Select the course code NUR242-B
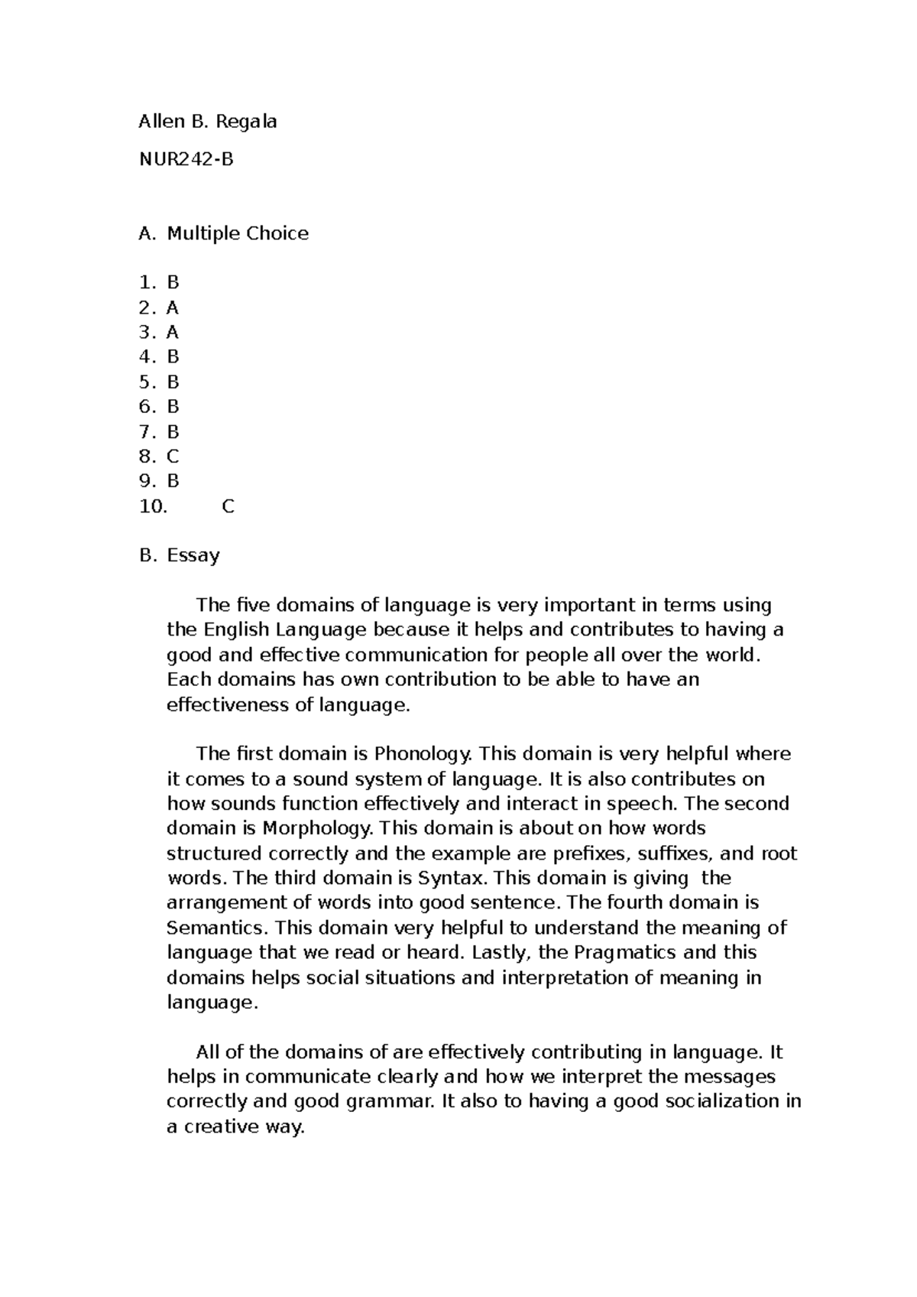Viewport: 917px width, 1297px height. [186, 160]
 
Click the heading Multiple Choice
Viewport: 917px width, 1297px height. [238, 233]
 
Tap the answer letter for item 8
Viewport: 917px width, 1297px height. [172, 457]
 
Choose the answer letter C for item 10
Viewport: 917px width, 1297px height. [228, 506]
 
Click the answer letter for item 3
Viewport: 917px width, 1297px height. [172, 332]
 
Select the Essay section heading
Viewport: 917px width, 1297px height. [193, 555]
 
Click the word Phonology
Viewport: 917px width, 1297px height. [423, 754]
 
